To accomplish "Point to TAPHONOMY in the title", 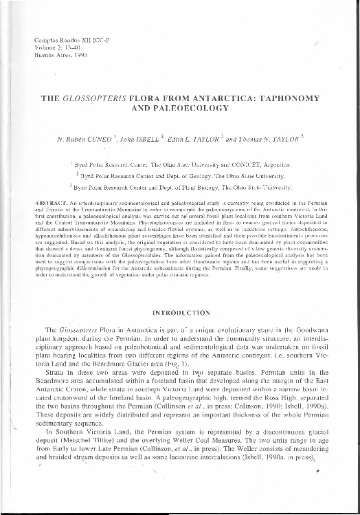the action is click(x=280, y=98).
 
